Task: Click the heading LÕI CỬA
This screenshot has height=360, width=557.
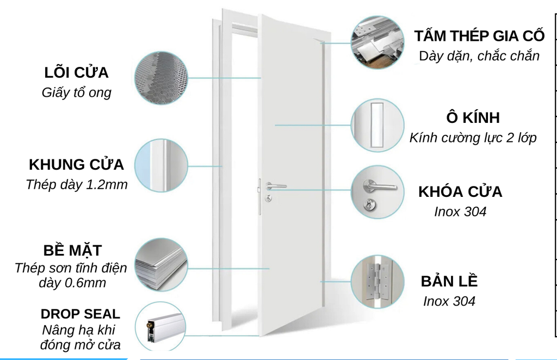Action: point(76,73)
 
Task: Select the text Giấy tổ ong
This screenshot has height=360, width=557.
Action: point(76,92)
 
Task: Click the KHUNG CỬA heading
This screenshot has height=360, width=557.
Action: point(76,164)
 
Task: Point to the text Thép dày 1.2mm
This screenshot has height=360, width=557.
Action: point(76,184)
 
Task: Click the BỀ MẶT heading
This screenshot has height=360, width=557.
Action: point(72,251)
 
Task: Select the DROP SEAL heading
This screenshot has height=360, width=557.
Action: point(81,314)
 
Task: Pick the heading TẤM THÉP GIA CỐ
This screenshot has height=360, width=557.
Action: point(479,36)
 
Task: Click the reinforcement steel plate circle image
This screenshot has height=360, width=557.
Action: point(377,42)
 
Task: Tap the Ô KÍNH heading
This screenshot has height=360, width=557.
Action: point(472,118)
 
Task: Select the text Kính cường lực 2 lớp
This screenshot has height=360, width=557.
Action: point(473,138)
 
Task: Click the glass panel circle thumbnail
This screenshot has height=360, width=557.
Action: point(377,125)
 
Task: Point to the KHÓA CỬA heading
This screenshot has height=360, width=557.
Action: point(460,191)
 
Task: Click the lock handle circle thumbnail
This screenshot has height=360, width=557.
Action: point(377,193)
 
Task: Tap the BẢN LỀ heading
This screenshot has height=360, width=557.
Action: point(449,281)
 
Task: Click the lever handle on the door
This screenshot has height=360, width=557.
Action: point(275,187)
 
